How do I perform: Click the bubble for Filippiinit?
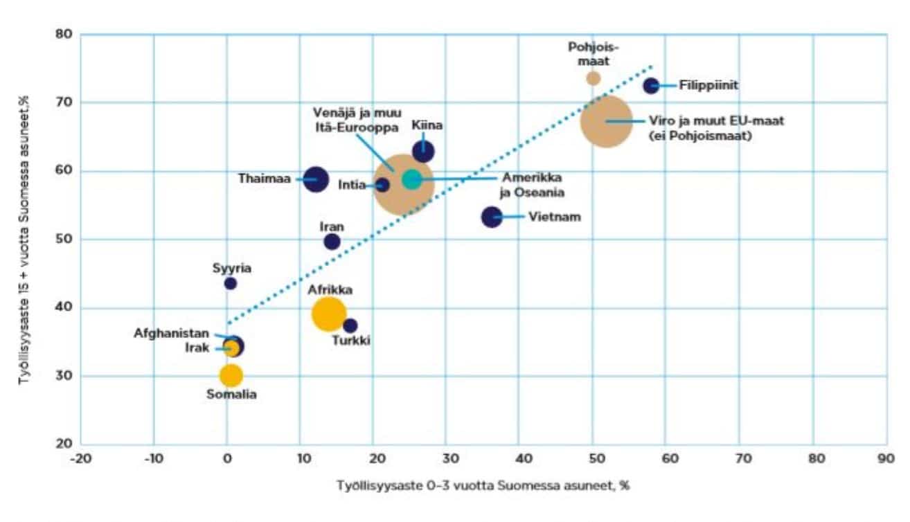651,86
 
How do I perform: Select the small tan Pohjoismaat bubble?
593,78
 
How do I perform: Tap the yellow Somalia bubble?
231,375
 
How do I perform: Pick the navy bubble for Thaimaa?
315,179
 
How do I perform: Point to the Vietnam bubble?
492,217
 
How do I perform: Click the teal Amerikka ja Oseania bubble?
412,179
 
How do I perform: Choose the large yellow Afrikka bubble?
329,313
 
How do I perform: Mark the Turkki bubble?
350,325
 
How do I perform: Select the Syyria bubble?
231,283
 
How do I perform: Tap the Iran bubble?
332,242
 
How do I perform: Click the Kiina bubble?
423,152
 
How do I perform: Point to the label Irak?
197,348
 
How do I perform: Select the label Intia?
352,185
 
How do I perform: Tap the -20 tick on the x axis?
80,458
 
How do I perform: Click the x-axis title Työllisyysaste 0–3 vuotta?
483,485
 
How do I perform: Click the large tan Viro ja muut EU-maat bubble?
607,121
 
